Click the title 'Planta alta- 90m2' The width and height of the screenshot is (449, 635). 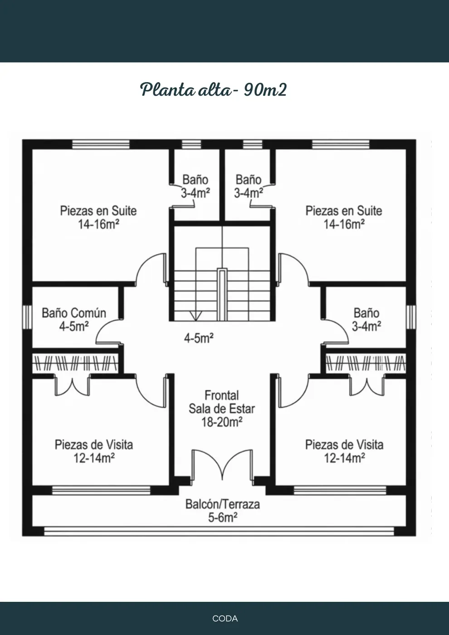pos(214,90)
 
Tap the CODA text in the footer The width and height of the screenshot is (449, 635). pos(225,618)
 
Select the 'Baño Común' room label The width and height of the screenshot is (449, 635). pos(74,313)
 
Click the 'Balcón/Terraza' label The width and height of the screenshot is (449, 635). pos(223,504)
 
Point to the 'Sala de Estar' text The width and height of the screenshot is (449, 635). pos(222,409)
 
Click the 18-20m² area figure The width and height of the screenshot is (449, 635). pos(222,422)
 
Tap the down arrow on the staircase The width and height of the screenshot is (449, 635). pos(195,316)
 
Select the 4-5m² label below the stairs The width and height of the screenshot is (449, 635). pos(199,337)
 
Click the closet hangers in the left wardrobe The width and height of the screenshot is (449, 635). pos(75,363)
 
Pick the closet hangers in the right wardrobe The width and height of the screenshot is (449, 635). pos(366,363)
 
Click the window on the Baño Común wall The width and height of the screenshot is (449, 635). pos(27,317)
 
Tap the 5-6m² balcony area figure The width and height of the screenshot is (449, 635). pos(223,518)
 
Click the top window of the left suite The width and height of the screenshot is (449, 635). pos(101,144)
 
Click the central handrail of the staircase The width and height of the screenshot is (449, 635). pos(222,294)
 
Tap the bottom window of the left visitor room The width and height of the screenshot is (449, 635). pos(101,490)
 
